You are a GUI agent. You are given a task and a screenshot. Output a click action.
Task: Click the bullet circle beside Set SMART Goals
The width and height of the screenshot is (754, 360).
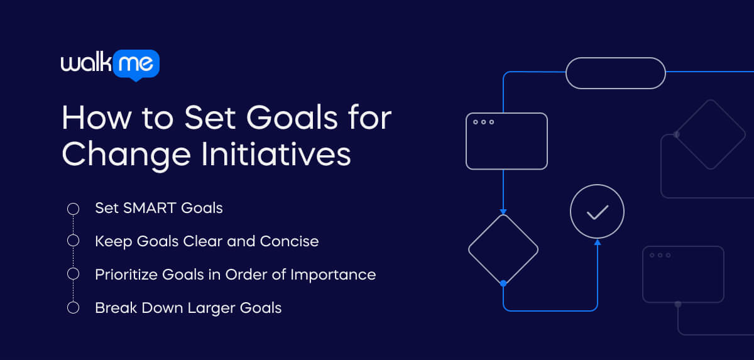pos(73,208)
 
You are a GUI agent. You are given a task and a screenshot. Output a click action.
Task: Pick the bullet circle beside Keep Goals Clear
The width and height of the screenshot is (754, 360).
pos(73,241)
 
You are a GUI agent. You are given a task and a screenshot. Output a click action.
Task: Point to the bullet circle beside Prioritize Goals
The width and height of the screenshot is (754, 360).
pos(73,274)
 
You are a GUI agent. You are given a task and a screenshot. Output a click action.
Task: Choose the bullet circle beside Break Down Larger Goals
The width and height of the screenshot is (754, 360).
pos(73,307)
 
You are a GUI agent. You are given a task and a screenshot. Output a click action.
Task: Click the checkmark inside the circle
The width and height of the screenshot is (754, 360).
pos(597,212)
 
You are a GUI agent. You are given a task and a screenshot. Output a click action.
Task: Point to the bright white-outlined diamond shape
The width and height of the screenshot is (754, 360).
pos(503,249)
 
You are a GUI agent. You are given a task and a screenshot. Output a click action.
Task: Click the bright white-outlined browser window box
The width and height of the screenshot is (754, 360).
pos(506,141)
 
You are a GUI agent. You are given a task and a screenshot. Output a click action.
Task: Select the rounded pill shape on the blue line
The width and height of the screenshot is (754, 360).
pos(615,73)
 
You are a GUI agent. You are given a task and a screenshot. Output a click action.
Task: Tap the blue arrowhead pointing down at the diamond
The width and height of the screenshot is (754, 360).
pos(503,211)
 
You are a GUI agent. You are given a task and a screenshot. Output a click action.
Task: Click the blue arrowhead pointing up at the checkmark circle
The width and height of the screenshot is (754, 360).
pos(597,242)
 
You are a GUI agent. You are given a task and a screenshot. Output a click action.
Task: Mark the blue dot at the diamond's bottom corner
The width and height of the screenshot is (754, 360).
pos(503,283)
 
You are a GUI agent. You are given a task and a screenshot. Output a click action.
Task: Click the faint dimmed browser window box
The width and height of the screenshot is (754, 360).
pos(683,275)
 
